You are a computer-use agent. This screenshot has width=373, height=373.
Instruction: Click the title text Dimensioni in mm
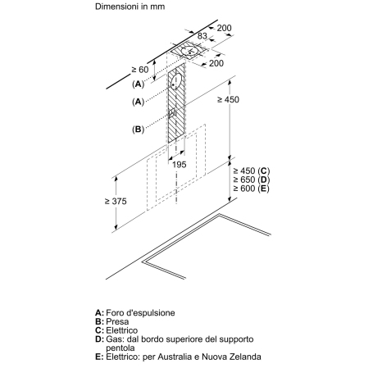click(130, 7)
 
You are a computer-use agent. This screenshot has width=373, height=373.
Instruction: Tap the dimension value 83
click(202, 36)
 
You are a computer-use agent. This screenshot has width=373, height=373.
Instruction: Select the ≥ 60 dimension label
click(140, 70)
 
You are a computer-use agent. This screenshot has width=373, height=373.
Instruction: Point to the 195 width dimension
click(180, 165)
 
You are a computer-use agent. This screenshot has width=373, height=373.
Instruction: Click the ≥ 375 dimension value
click(116, 202)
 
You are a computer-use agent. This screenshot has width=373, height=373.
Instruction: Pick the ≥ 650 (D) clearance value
click(252, 180)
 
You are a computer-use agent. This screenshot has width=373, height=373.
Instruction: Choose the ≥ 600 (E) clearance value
click(252, 189)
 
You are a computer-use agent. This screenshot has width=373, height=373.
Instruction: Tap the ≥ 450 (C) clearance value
click(252, 171)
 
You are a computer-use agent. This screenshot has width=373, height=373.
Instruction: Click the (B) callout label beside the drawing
click(138, 129)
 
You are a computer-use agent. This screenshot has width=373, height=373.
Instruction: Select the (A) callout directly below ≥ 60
click(138, 84)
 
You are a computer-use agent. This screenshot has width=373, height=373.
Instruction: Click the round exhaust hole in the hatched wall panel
click(176, 81)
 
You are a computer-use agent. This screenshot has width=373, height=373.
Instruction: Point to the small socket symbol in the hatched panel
click(171, 113)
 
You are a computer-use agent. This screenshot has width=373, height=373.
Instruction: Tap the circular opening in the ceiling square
click(190, 51)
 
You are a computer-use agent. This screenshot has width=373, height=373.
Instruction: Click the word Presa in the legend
click(117, 321)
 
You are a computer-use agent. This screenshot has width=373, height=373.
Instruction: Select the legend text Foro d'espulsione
click(140, 313)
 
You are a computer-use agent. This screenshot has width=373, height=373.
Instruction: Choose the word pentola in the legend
click(121, 348)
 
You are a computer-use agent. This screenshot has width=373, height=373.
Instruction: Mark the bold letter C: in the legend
click(99, 330)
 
